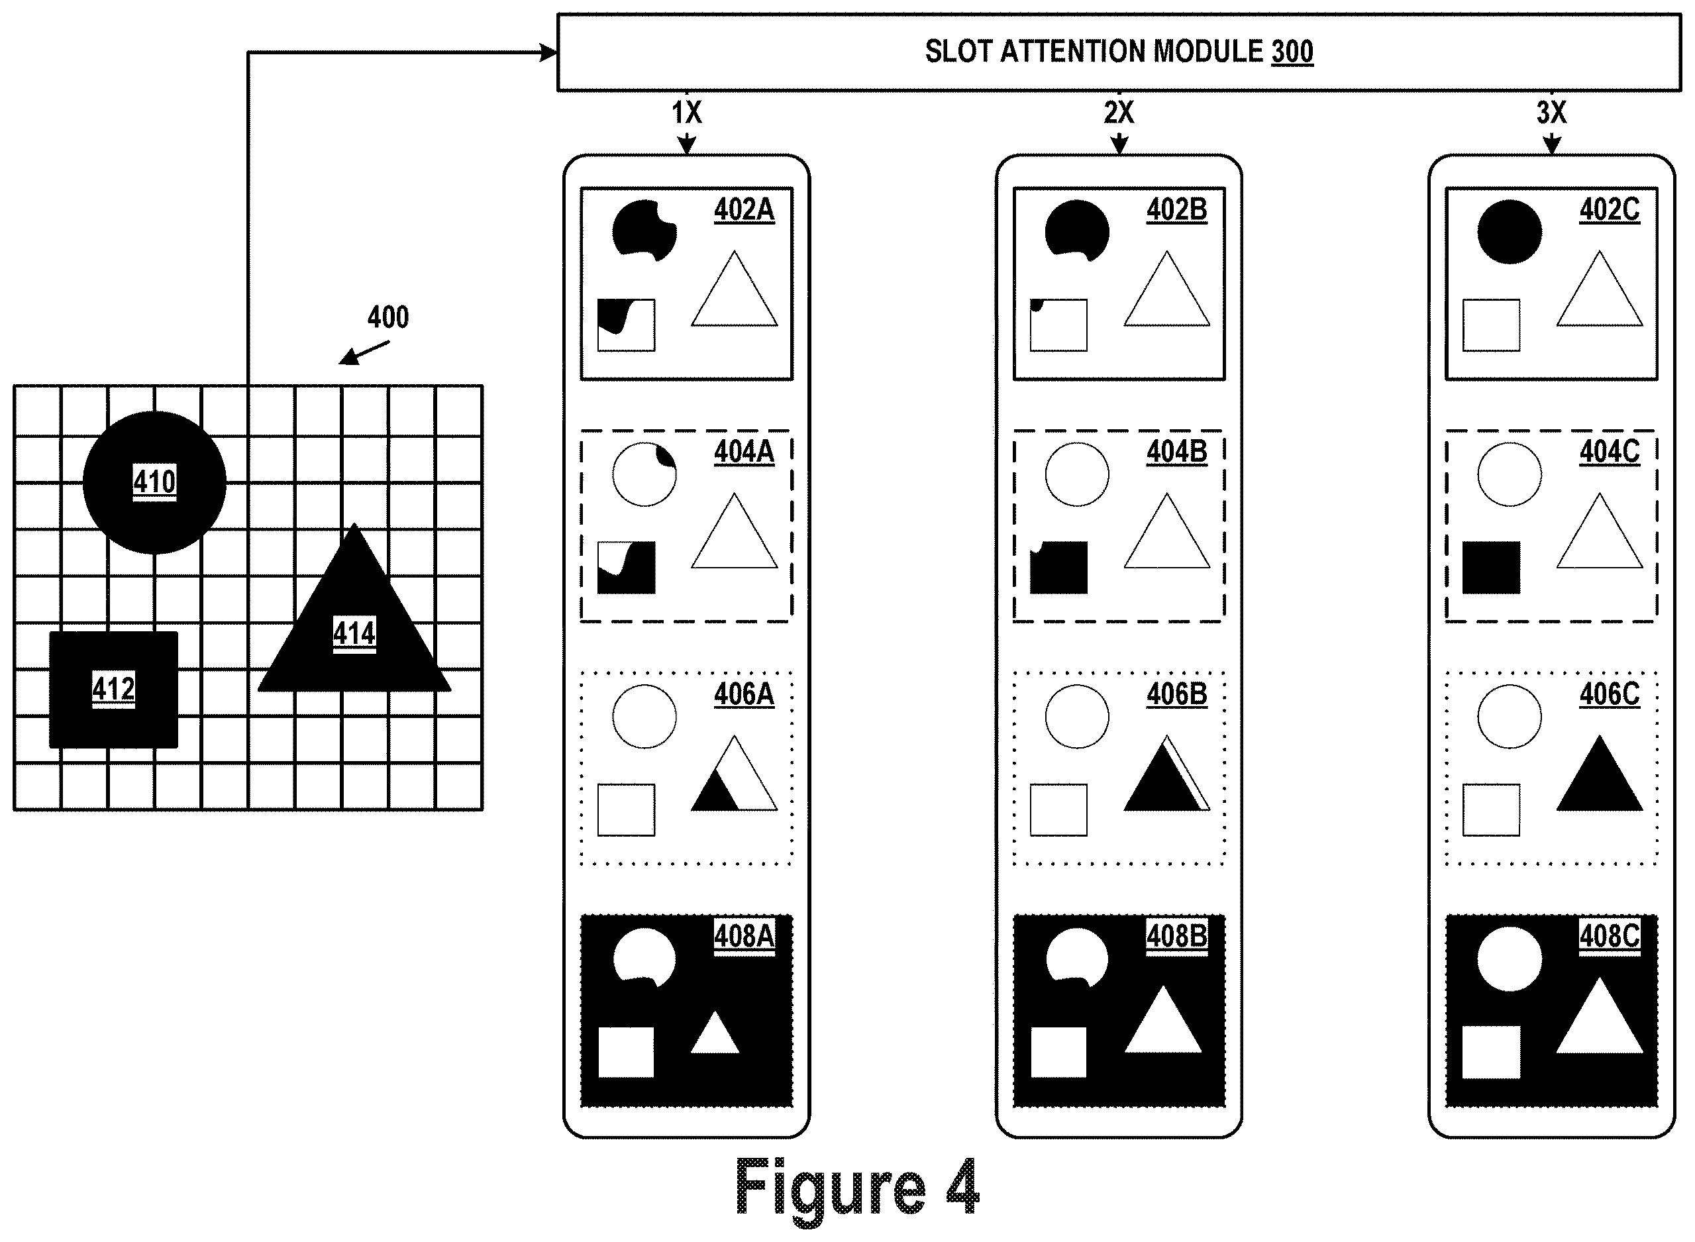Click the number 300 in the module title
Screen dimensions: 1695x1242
pyautogui.click(x=1292, y=51)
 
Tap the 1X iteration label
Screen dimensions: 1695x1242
pyautogui.click(x=686, y=113)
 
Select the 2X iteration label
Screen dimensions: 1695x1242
pyautogui.click(x=1119, y=113)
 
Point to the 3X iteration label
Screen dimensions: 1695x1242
pyautogui.click(x=1551, y=113)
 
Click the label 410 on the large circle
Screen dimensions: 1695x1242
pyautogui.click(x=154, y=481)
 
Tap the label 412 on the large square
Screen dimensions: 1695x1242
pyautogui.click(x=113, y=688)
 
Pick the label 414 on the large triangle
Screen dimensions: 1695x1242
pyautogui.click(x=354, y=633)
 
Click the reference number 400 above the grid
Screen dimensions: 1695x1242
pyautogui.click(x=388, y=317)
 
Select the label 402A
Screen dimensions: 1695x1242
pyautogui.click(x=744, y=209)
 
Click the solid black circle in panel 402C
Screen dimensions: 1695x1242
pyautogui.click(x=1510, y=232)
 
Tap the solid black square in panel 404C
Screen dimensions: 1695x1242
pyautogui.click(x=1491, y=568)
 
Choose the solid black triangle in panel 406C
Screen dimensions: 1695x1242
pyautogui.click(x=1599, y=774)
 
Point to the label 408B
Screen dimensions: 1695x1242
pyautogui.click(x=1177, y=936)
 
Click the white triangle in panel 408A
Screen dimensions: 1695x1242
pyautogui.click(x=715, y=1036)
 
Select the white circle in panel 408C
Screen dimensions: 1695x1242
pyautogui.click(x=1510, y=959)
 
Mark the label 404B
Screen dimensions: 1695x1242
pyautogui.click(x=1177, y=452)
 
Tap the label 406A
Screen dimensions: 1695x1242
pyautogui.click(x=744, y=694)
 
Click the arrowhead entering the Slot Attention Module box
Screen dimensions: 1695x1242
pyautogui.click(x=548, y=52)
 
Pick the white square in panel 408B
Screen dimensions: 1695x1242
pyautogui.click(x=1058, y=1053)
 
